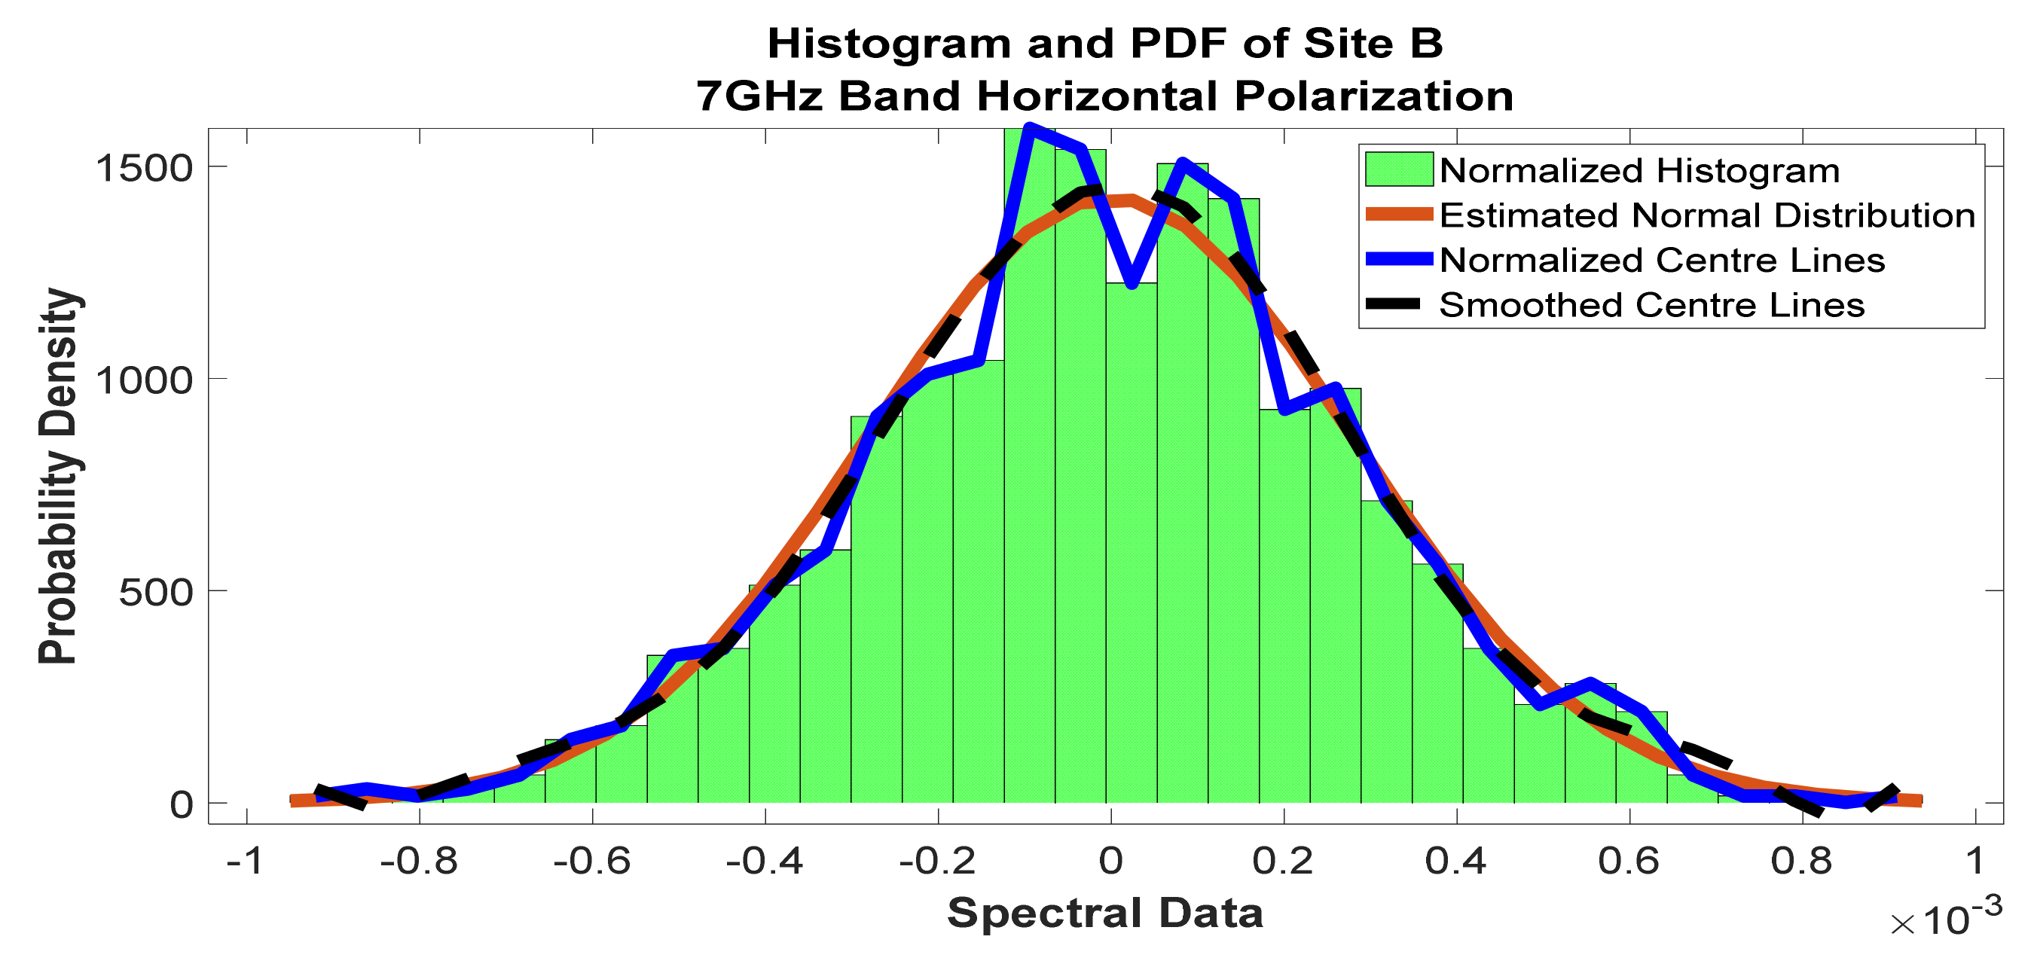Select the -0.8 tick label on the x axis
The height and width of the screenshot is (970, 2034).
pyautogui.click(x=419, y=860)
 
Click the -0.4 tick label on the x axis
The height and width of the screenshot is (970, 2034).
pyautogui.click(x=765, y=860)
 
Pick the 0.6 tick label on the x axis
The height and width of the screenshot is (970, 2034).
pyautogui.click(x=1628, y=860)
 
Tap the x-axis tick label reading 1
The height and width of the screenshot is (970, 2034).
pyautogui.click(x=1974, y=860)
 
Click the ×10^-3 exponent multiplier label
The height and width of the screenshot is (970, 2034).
pyautogui.click(x=1946, y=918)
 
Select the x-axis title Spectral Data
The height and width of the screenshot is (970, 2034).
pyautogui.click(x=1104, y=914)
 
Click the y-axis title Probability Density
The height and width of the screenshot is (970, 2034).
pyautogui.click(x=60, y=476)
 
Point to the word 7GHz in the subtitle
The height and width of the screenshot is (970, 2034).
pyautogui.click(x=759, y=96)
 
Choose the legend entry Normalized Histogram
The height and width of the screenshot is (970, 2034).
pyautogui.click(x=1639, y=170)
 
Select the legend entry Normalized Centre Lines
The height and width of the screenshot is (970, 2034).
pyautogui.click(x=1662, y=261)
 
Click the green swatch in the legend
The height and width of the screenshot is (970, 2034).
pyautogui.click(x=1398, y=169)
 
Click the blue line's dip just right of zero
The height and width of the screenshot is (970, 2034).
pyautogui.click(x=1131, y=282)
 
